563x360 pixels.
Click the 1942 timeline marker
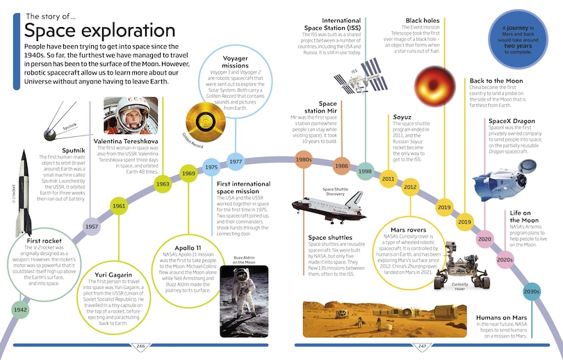point(20,310)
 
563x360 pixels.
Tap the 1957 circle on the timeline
point(92,227)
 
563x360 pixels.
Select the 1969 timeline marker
point(188,173)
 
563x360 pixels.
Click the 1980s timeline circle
point(304,160)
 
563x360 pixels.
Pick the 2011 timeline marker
point(388,179)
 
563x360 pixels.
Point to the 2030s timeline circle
point(532,291)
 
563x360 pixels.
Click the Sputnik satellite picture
point(65,122)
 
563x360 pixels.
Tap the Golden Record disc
point(205,122)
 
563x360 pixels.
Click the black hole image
point(434,86)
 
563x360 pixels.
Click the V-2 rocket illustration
point(24,193)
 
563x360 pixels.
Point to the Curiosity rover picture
point(462,265)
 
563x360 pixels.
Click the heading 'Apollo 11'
point(188,247)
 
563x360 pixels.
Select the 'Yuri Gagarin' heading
point(113,275)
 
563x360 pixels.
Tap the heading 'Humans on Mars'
point(501,318)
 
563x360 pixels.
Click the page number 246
point(140,346)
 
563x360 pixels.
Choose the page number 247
point(422,346)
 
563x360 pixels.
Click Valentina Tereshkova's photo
point(131,115)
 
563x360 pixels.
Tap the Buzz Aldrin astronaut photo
point(244,301)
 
